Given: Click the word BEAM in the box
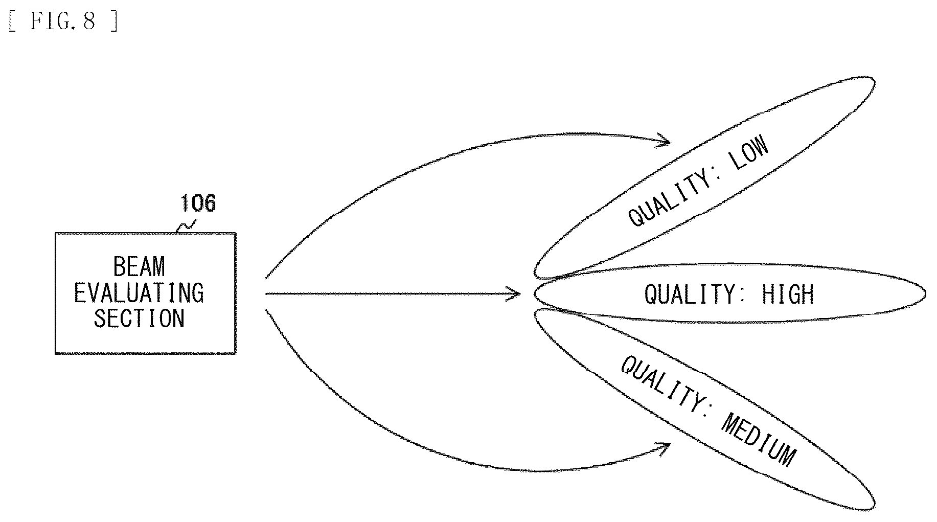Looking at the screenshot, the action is (139, 267).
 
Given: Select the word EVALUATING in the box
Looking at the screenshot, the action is (139, 293).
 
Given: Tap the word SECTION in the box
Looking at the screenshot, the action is (139, 318).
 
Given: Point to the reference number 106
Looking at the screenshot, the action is (198, 203).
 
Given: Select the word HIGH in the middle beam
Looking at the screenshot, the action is (787, 294).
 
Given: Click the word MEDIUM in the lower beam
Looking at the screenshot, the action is (759, 440).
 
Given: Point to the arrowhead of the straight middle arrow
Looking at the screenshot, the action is (513, 294).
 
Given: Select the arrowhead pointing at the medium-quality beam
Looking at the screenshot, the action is (664, 449).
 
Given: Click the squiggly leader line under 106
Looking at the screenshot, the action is (186, 225).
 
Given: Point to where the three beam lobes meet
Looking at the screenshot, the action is (536, 293).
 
